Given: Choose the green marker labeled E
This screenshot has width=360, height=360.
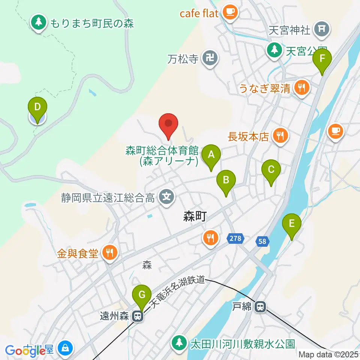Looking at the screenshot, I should (x=292, y=223).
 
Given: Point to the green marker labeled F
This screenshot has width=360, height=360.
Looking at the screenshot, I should (x=322, y=59).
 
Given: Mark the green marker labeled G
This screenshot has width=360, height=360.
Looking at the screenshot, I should (x=142, y=295).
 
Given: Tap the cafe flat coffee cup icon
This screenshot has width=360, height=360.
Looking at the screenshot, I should (x=230, y=12).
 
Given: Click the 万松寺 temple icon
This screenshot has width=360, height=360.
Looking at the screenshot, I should (x=208, y=58).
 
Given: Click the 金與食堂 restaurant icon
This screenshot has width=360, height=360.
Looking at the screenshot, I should (x=109, y=253).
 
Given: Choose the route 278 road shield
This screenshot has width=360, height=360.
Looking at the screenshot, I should (x=235, y=238).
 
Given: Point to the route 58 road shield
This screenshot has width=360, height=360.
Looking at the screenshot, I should (x=262, y=241).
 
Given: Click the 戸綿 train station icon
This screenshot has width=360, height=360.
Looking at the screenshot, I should (x=259, y=307).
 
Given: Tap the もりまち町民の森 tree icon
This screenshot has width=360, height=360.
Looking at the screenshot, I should (x=38, y=22).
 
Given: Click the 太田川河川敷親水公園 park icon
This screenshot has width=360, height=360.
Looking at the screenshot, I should (x=180, y=342).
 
